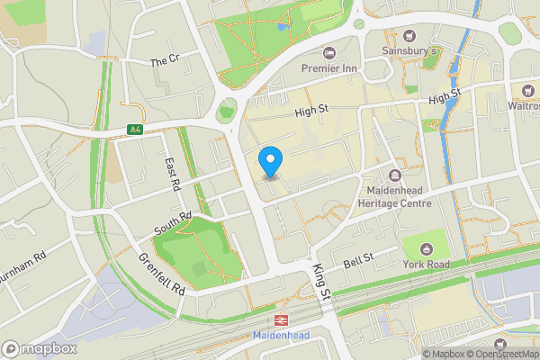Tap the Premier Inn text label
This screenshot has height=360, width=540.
pyautogui.click(x=329, y=68)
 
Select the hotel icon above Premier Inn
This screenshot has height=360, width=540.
pyautogui.click(x=329, y=53)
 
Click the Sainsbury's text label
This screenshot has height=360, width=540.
pyautogui.click(x=409, y=51)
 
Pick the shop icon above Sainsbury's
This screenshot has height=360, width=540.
pyautogui.click(x=409, y=36)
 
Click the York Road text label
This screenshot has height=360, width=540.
pyautogui.click(x=427, y=265)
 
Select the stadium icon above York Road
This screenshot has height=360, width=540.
pyautogui.click(x=426, y=248)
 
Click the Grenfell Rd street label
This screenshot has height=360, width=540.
pyautogui.click(x=162, y=274)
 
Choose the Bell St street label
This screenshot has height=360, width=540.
pyautogui.click(x=358, y=262)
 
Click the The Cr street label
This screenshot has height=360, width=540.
pyautogui.click(x=165, y=61)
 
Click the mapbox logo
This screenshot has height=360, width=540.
pyautogui.click(x=40, y=348)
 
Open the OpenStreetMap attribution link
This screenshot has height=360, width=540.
pyautogui.click(x=508, y=354)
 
